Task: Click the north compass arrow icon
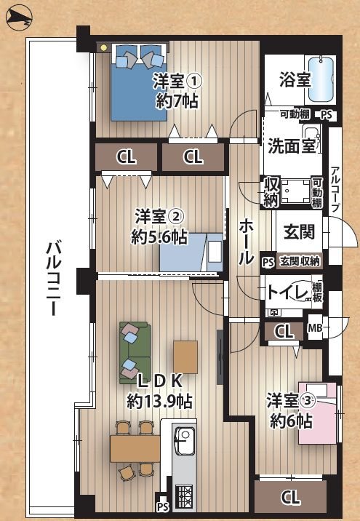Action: (18, 19)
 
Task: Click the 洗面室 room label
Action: (290, 144)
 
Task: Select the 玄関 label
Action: (299, 232)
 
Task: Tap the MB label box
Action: (316, 329)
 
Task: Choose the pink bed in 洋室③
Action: (319, 413)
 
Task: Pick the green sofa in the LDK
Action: (133, 352)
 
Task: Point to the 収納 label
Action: (271, 190)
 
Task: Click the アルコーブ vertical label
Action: (335, 189)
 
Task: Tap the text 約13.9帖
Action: (159, 399)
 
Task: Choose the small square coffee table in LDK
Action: (185, 357)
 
